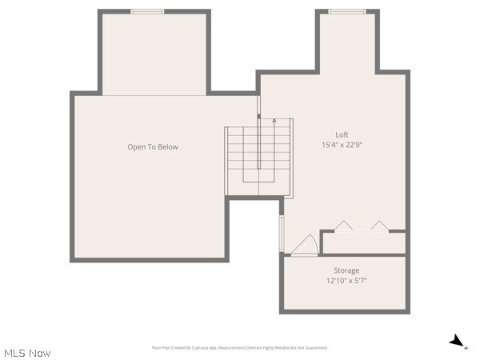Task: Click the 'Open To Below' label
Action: pos(153,146)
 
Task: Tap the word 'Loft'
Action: pos(342,134)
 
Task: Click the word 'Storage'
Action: pos(346,270)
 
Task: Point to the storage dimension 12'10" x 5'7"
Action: pos(346,281)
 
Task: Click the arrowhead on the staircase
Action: pos(274,121)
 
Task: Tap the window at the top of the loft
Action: pos(346,11)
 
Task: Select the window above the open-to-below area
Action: pos(147,11)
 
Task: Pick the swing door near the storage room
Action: pos(304,246)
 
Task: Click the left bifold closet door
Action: pos(343,226)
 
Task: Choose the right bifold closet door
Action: pos(378,226)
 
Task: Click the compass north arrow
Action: pos(456,342)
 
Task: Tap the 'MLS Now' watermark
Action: pos(27,353)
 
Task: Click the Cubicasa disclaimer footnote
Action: pos(240,348)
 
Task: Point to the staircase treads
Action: pos(242,160)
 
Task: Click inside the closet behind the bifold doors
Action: pos(364,242)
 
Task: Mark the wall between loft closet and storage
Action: pos(364,254)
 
